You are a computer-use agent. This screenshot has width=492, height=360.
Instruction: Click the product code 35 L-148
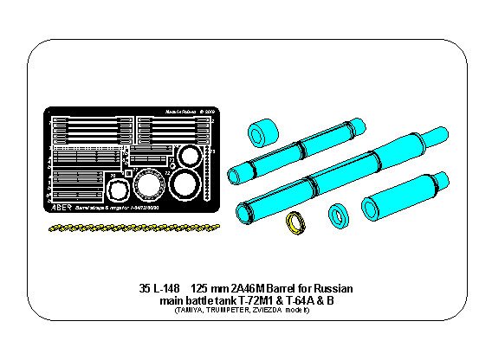160,288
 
